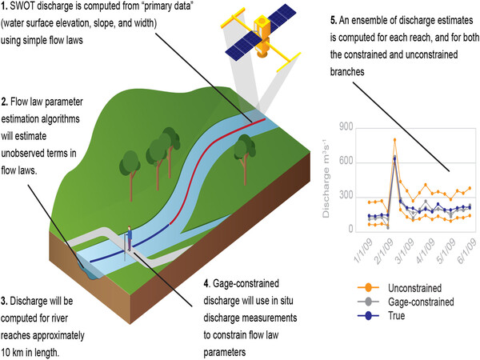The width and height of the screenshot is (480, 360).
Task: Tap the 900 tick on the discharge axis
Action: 346,127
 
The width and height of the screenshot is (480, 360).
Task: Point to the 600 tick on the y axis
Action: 346,162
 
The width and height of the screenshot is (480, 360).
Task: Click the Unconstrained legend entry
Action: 404,286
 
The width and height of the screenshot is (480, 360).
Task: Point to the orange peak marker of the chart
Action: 394,140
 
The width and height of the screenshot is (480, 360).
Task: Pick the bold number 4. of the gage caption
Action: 206,282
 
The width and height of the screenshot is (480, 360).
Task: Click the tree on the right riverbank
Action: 245,148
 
